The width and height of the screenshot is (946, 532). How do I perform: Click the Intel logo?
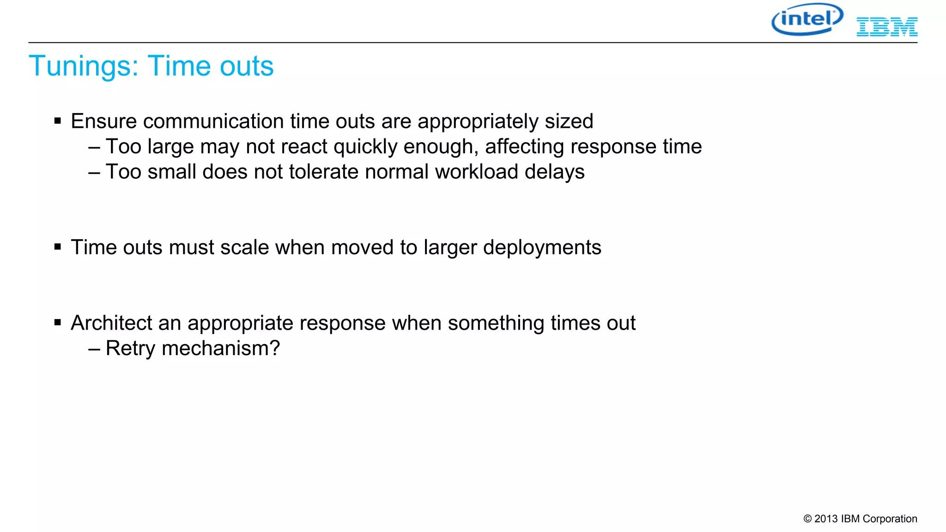807,19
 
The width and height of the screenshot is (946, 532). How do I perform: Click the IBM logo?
887,27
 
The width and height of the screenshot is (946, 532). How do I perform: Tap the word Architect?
111,323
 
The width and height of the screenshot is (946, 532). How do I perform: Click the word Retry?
130,348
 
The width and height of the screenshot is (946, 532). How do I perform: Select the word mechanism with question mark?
220,348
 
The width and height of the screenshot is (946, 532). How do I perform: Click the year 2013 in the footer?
826,519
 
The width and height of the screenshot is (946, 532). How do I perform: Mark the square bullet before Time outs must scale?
58,247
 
